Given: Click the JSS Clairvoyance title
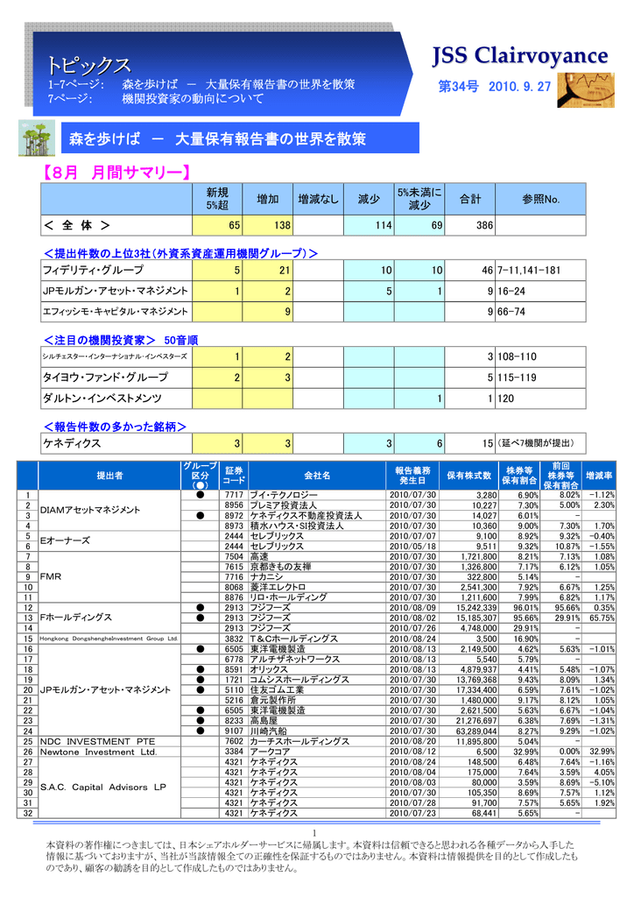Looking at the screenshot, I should pos(520,56).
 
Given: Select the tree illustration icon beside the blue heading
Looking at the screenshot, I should pos(36,139).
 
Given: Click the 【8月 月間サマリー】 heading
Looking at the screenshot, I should pos(117,173).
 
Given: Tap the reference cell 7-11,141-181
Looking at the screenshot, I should pos(529,271).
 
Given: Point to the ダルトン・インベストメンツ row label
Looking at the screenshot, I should pos(102,399).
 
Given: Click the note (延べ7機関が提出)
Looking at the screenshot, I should pos(537,444).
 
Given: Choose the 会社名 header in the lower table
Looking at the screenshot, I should pos(317,475).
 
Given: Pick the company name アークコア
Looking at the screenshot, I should pos(271,752).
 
